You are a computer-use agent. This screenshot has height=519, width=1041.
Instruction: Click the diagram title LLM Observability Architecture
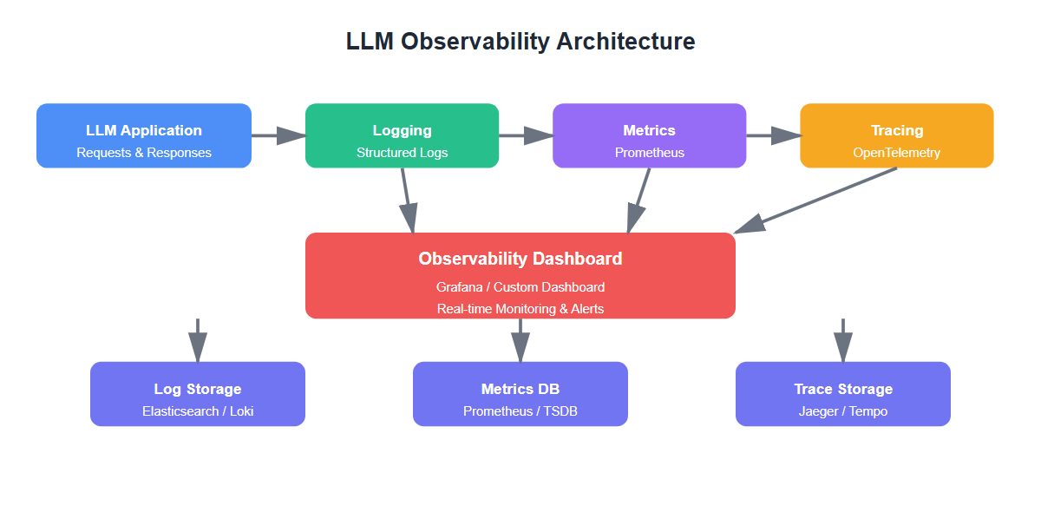(520, 42)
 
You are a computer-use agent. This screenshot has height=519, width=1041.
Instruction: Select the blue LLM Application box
(144, 135)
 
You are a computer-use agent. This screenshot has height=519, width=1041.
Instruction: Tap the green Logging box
(402, 135)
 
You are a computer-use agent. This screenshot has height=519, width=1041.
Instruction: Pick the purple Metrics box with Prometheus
(649, 135)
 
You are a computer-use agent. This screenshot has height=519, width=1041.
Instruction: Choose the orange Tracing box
(896, 135)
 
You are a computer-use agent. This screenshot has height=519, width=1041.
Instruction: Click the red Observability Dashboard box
(520, 275)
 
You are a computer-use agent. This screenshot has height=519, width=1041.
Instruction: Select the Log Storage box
(198, 394)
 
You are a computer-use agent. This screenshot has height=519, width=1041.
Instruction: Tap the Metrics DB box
(520, 394)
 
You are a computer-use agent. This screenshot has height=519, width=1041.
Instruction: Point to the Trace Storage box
(843, 394)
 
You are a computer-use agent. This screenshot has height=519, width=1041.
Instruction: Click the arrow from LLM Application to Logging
(278, 135)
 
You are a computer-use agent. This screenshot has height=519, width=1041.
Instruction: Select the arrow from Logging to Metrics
(525, 135)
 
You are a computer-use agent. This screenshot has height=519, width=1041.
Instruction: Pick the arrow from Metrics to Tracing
(772, 135)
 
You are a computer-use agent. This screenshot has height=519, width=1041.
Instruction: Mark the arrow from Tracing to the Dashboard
(815, 200)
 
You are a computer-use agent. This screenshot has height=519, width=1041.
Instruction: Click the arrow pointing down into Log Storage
(198, 339)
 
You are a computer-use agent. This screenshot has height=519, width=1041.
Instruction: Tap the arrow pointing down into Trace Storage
(843, 339)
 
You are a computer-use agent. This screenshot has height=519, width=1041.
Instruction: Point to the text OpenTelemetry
(896, 153)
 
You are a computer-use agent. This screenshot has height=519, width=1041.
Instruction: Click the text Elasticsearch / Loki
(198, 411)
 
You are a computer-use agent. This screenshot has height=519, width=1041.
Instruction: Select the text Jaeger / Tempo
(843, 411)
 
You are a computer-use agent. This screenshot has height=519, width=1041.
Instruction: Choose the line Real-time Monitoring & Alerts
(520, 309)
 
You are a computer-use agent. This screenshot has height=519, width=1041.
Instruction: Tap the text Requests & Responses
(144, 153)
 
